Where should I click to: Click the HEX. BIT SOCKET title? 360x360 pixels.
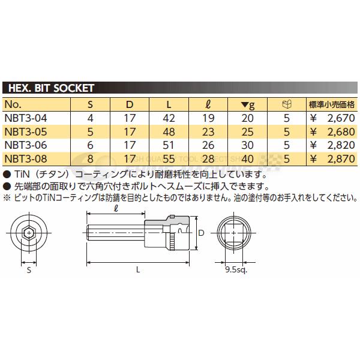(50, 88)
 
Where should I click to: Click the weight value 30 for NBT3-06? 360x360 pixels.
(247, 145)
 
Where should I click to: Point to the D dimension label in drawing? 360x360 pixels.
(202, 232)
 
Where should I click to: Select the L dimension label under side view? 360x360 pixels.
(139, 269)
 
